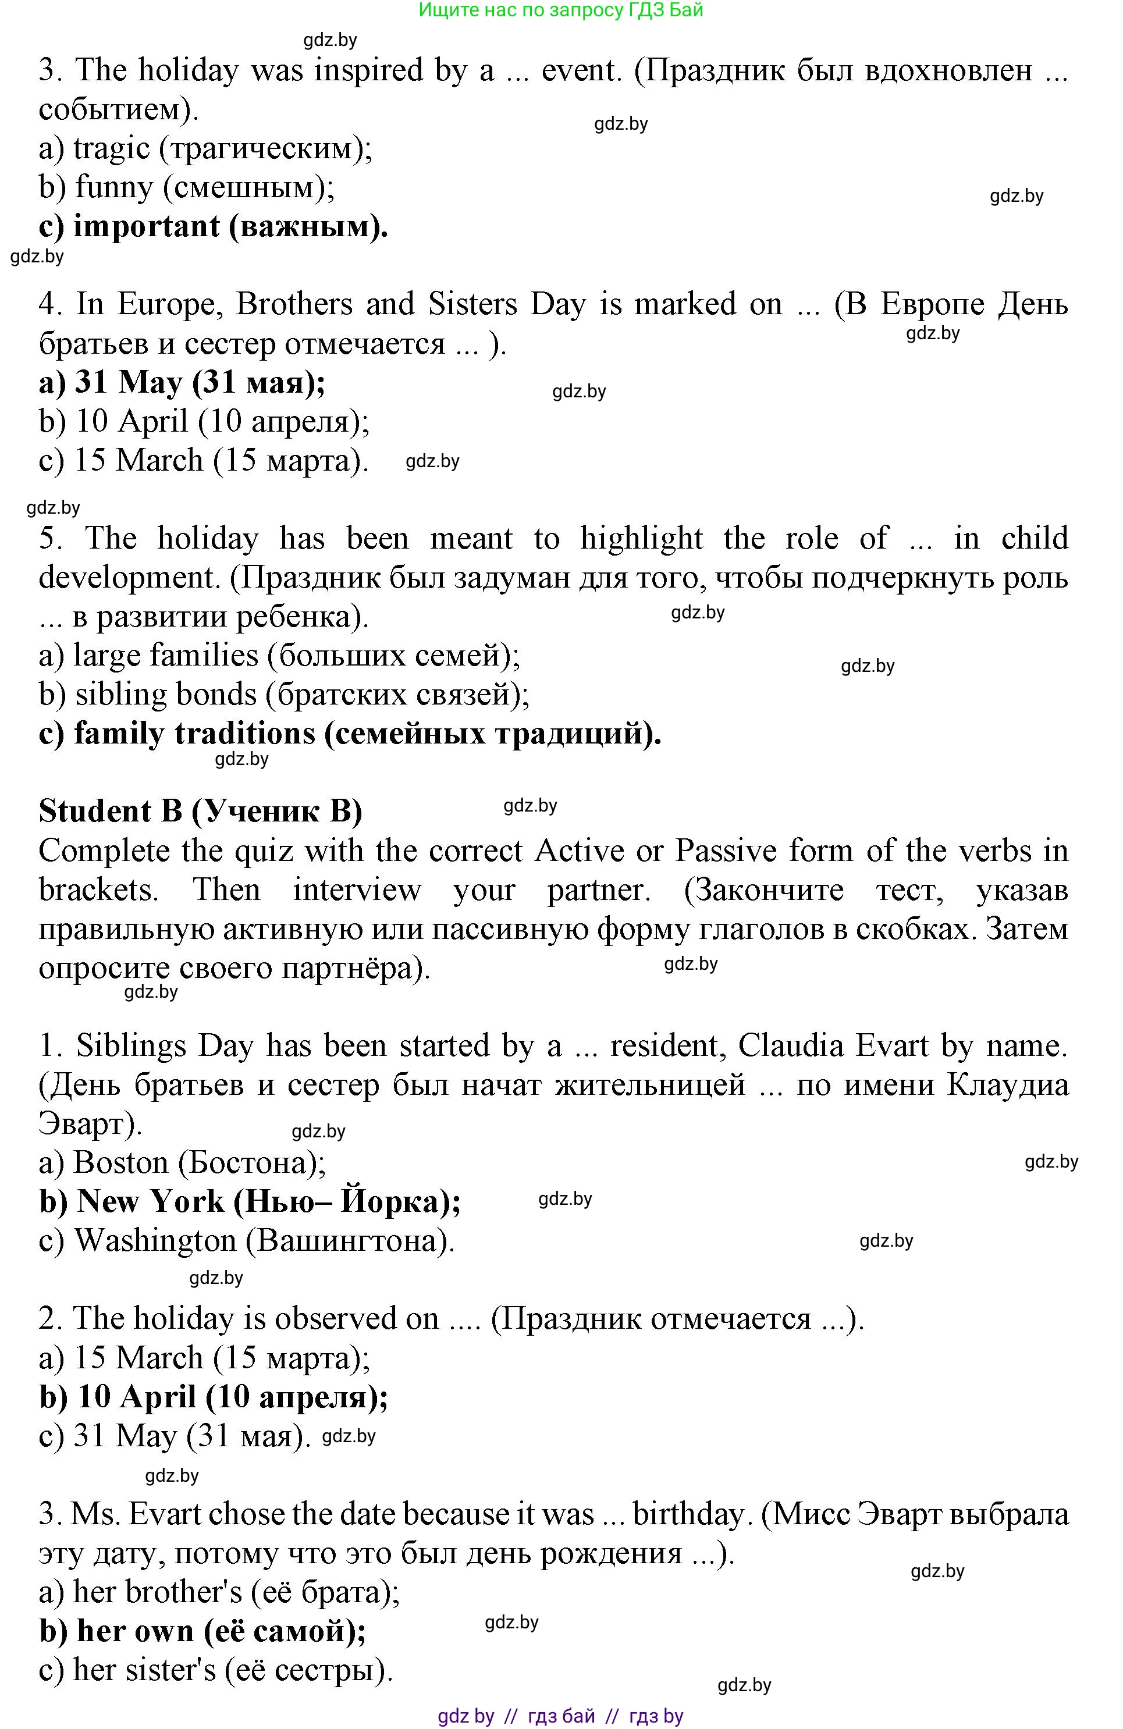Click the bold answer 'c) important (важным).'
tap(213, 227)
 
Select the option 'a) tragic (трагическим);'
tap(205, 149)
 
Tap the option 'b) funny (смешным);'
tap(187, 187)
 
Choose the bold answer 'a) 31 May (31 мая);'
tap(182, 382)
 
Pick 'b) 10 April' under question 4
tap(204, 421)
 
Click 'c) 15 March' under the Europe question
tap(204, 461)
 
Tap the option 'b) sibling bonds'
tap(284, 695)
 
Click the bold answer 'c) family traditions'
tap(349, 734)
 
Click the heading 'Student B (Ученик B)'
tap(201, 812)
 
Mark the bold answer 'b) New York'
tap(250, 1201)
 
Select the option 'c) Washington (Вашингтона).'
tap(247, 1241)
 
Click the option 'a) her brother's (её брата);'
tap(219, 1592)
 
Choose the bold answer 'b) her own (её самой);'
tap(202, 1631)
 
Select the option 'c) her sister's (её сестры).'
tap(216, 1670)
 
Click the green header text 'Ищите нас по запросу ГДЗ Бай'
tap(561, 10)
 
